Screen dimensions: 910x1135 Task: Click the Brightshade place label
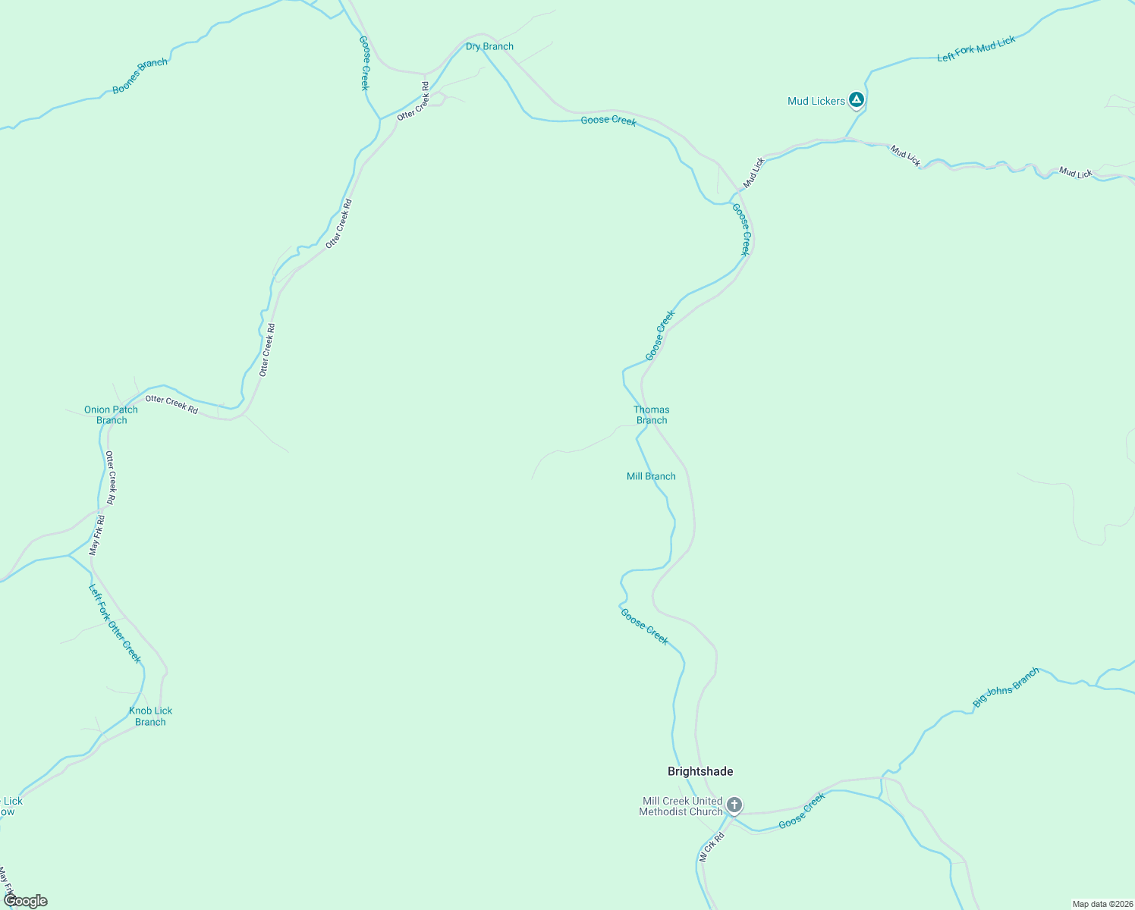click(x=700, y=771)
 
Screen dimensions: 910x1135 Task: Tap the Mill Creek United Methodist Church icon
click(x=734, y=805)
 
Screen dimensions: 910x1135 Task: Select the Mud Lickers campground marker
click(x=856, y=99)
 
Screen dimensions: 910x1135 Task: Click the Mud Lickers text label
click(x=816, y=101)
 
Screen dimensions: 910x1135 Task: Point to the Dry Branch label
click(x=489, y=46)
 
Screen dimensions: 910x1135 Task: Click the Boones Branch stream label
click(x=140, y=76)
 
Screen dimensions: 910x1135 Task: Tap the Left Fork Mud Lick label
click(x=976, y=49)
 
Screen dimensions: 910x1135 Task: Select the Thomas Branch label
click(x=652, y=415)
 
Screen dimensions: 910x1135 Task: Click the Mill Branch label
click(x=651, y=476)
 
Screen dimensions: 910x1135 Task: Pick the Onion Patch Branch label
click(x=111, y=415)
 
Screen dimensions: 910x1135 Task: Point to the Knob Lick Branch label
click(x=150, y=716)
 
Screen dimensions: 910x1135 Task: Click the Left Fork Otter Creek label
click(x=115, y=623)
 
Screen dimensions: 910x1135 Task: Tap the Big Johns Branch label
click(x=1005, y=688)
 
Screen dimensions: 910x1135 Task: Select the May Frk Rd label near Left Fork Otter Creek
click(x=97, y=535)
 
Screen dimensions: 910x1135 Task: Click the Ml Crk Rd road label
click(x=712, y=847)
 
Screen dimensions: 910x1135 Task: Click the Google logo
click(x=26, y=901)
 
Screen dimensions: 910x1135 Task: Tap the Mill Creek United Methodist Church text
click(x=681, y=806)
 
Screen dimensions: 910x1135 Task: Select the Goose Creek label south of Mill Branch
click(x=644, y=626)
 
